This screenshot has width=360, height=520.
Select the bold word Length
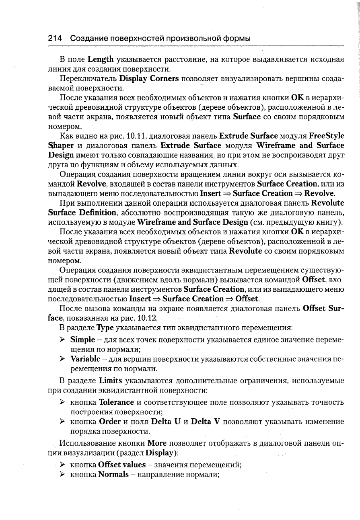click(101, 60)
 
